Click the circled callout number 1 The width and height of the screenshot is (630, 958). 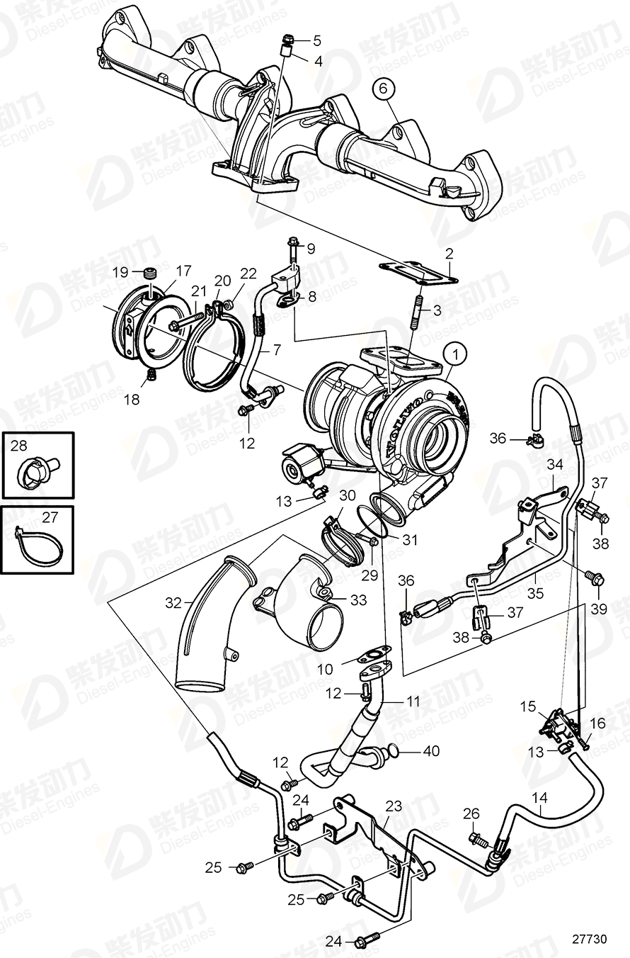coord(456,354)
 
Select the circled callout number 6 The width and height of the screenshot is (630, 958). coord(383,89)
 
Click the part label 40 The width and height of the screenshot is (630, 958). coord(431,750)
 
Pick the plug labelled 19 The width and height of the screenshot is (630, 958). coord(149,274)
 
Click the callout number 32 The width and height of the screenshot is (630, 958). coord(173,603)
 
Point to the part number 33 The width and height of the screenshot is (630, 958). coord(358,600)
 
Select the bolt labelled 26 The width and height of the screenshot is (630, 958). coord(479,841)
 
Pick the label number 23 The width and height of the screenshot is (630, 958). coord(394,806)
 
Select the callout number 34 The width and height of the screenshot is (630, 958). coord(554,465)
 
